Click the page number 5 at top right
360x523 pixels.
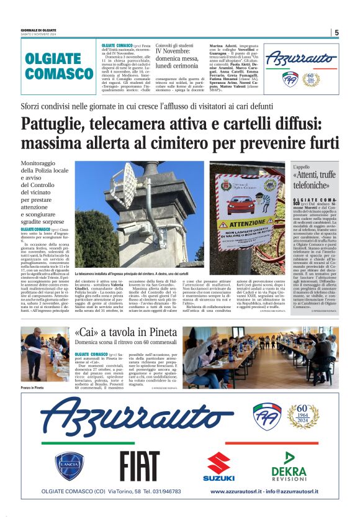[x=336, y=32]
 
